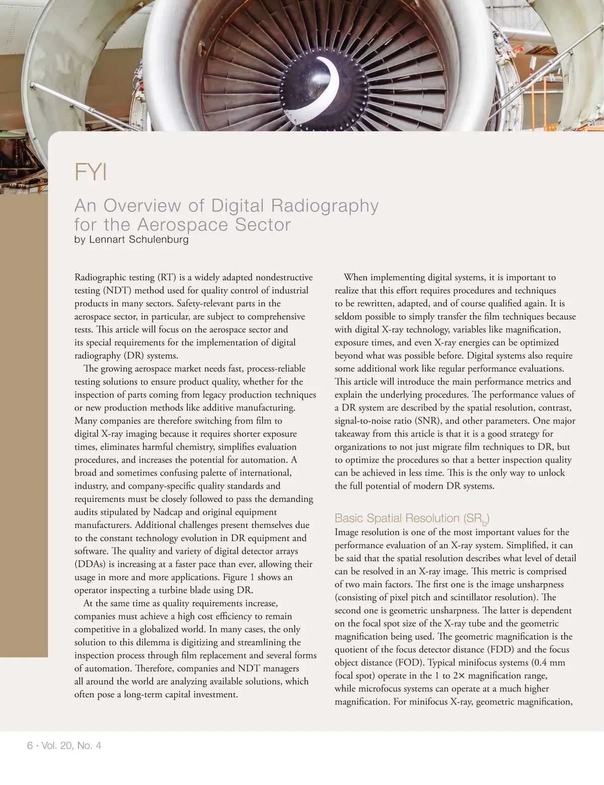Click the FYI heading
point(91,172)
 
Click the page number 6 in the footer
point(30,745)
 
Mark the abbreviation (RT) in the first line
point(166,277)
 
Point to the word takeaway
point(353,434)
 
